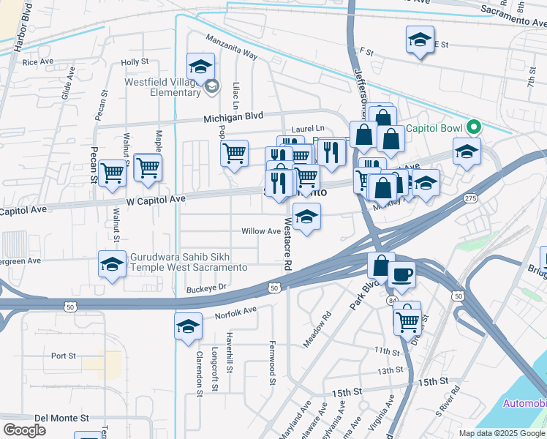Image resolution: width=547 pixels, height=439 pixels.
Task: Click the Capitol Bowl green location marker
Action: pos(473,127)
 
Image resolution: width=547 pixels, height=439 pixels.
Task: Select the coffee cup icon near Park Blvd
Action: pos(401,275)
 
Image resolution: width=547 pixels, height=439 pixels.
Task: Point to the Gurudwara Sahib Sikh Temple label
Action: pos(189,262)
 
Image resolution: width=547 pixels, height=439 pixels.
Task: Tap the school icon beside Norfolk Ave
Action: pos(188,326)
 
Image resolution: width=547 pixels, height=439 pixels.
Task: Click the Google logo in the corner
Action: pos(24,430)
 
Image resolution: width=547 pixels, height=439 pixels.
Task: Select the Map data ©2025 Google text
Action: pos(502,433)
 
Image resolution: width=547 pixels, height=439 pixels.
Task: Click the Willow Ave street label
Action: pos(262,231)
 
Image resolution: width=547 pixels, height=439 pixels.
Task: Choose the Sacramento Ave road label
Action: pos(513,10)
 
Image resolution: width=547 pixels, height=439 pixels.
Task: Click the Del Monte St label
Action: pos(61,418)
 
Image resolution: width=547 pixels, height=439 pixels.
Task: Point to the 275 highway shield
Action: pos(470,198)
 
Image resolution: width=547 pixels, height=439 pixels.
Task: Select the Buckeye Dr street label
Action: pos(208,288)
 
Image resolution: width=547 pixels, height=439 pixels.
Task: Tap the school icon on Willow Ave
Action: pos(306,217)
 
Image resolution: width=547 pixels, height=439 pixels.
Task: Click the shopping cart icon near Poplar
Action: pos(234,154)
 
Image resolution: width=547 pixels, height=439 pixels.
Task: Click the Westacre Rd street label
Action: pos(287,247)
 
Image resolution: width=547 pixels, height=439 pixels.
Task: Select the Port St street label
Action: pos(64,356)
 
